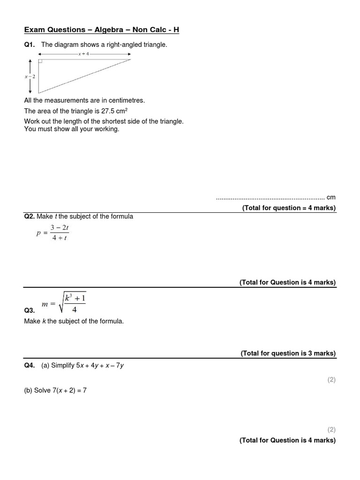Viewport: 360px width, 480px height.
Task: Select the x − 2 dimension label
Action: (x=30, y=76)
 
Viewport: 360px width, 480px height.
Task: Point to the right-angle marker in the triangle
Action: (x=41, y=61)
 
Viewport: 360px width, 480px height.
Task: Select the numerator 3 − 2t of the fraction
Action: (x=60, y=228)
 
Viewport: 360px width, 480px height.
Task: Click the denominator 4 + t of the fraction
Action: (x=60, y=238)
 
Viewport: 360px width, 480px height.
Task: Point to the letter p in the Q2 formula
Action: (x=39, y=233)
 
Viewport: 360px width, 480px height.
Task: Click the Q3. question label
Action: (x=29, y=310)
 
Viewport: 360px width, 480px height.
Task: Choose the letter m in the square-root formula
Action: (x=45, y=304)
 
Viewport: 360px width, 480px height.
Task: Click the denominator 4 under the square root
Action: (x=74, y=309)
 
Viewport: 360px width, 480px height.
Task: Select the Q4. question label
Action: (x=30, y=366)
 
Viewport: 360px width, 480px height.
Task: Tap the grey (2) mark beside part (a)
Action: (x=331, y=380)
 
